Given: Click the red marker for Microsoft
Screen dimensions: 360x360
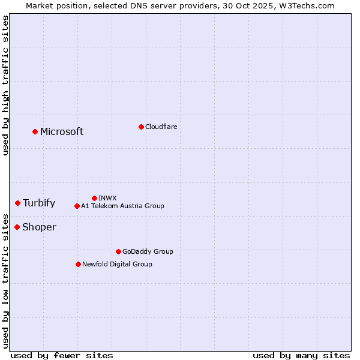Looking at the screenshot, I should [x=35, y=131].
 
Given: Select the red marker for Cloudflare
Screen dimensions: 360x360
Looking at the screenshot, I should [x=141, y=127].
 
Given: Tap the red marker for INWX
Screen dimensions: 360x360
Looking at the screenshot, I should [x=94, y=198].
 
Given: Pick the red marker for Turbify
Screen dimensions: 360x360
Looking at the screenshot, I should [x=17, y=203].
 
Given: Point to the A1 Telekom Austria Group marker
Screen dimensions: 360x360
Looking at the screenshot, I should [x=77, y=206].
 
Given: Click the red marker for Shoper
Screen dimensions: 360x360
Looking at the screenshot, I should [x=17, y=227].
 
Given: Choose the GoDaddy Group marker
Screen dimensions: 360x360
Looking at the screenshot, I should [x=118, y=251].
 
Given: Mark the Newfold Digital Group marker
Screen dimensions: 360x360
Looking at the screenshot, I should [x=78, y=264].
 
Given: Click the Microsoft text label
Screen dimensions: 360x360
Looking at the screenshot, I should [x=62, y=132].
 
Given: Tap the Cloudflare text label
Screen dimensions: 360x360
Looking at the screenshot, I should [x=161, y=127].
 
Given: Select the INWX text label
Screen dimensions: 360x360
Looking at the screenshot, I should [x=107, y=198].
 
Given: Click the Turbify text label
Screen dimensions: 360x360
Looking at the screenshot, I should [x=39, y=203].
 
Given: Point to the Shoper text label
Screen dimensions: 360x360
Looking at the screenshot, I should [x=39, y=227].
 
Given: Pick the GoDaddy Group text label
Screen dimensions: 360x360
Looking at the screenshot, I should [x=148, y=251].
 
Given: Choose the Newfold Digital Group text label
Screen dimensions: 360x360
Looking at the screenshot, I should [x=117, y=264].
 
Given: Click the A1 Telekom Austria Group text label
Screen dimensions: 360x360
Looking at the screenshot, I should [x=122, y=206].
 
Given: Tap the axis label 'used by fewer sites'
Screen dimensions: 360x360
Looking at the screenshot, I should [x=62, y=355].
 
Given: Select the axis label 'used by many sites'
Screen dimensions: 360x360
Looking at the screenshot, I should [x=301, y=355].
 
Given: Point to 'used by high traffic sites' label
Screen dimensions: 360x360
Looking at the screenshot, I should [x=6, y=85].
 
